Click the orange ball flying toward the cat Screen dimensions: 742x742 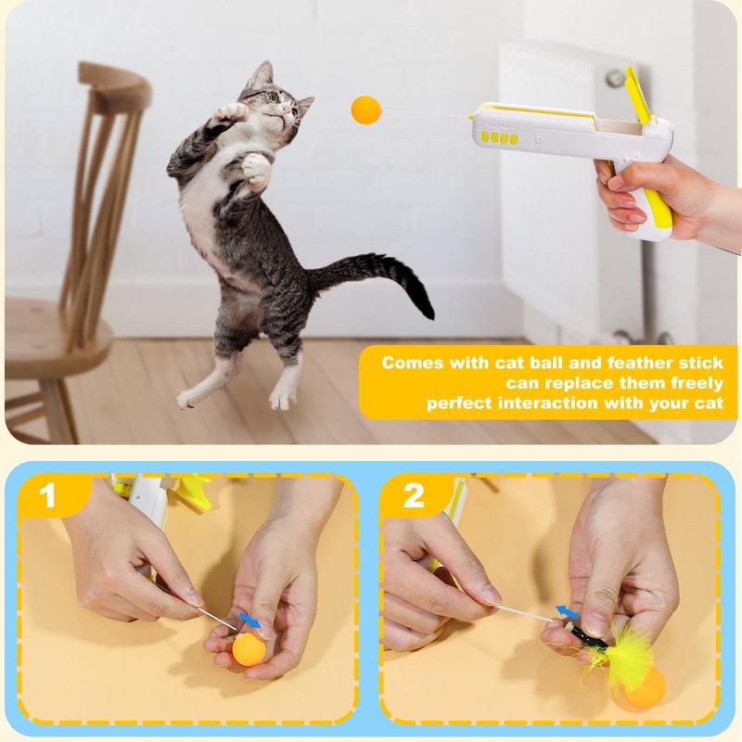(x=366, y=110)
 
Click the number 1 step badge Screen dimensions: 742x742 (x=47, y=495)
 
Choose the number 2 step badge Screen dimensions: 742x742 (x=414, y=495)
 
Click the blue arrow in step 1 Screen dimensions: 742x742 (x=250, y=620)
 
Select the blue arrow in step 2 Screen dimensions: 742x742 (x=567, y=612)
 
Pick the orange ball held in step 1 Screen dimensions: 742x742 (x=249, y=649)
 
